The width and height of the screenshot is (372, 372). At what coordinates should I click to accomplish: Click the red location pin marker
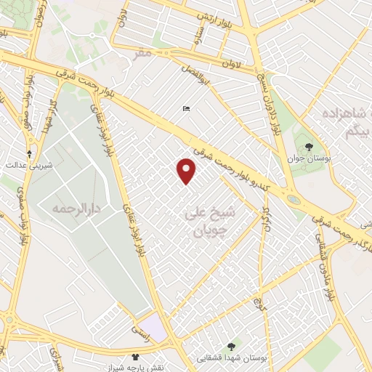187,170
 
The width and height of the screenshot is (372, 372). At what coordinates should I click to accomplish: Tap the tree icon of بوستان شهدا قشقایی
231,347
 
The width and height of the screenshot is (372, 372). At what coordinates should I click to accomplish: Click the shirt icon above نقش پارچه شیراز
134,356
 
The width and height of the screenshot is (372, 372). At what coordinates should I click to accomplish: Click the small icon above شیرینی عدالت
29,153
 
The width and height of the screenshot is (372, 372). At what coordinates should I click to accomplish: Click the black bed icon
187,109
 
